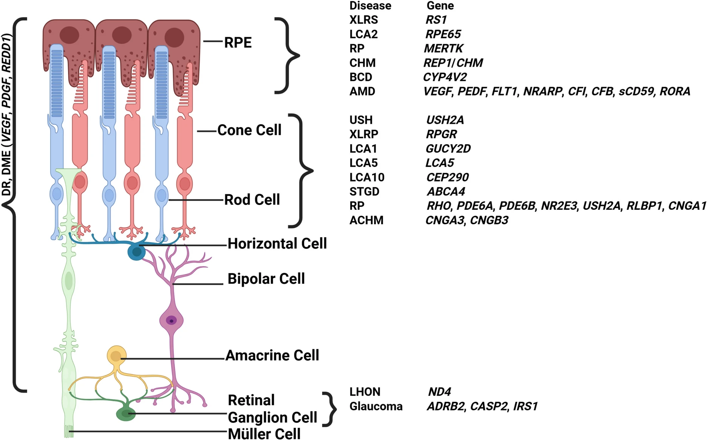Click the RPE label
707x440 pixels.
pos(238,43)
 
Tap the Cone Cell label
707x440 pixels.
pos(249,130)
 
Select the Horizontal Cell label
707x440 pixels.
pos(277,244)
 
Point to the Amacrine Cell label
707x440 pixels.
pos(272,355)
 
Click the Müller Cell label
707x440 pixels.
pos(264,434)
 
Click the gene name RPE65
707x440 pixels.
pos(443,34)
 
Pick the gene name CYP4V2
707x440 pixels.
pos(445,77)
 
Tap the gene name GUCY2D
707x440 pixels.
pos(448,149)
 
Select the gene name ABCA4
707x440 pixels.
pos(446,192)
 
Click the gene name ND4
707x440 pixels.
pos(440,392)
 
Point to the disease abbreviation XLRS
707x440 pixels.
pos(363,20)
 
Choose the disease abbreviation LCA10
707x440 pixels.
pos(367,177)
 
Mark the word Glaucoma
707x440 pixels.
pos(376,406)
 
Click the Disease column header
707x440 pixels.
pos(370,6)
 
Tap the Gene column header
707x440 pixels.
pos(440,6)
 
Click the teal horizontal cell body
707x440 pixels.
pos(136,252)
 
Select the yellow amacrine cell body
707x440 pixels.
pos(116,355)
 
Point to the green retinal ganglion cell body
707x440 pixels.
pos(126,414)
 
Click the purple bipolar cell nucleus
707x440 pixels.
pos(171,321)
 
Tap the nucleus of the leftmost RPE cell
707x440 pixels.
pos(69,35)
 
